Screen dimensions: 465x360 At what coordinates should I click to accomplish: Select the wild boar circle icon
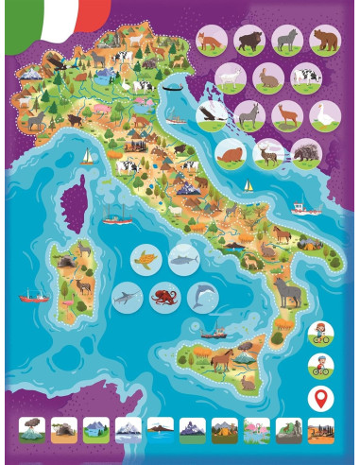coord(249,41)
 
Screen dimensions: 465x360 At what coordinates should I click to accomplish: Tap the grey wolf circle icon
coord(285,41)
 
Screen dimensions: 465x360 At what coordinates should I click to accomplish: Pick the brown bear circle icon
coord(323,41)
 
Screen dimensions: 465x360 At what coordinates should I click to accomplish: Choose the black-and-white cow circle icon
coord(304,77)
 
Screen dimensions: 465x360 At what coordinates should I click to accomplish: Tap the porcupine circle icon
coord(304,152)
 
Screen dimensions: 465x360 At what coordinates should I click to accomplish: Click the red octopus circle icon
coord(163,298)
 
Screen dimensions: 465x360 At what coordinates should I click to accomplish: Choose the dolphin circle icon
coord(200,298)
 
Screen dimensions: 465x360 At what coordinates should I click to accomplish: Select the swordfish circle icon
coord(126,298)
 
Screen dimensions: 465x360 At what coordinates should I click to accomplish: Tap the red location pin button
coord(321,397)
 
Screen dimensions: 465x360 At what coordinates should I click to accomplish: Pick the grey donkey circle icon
coord(249,115)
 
